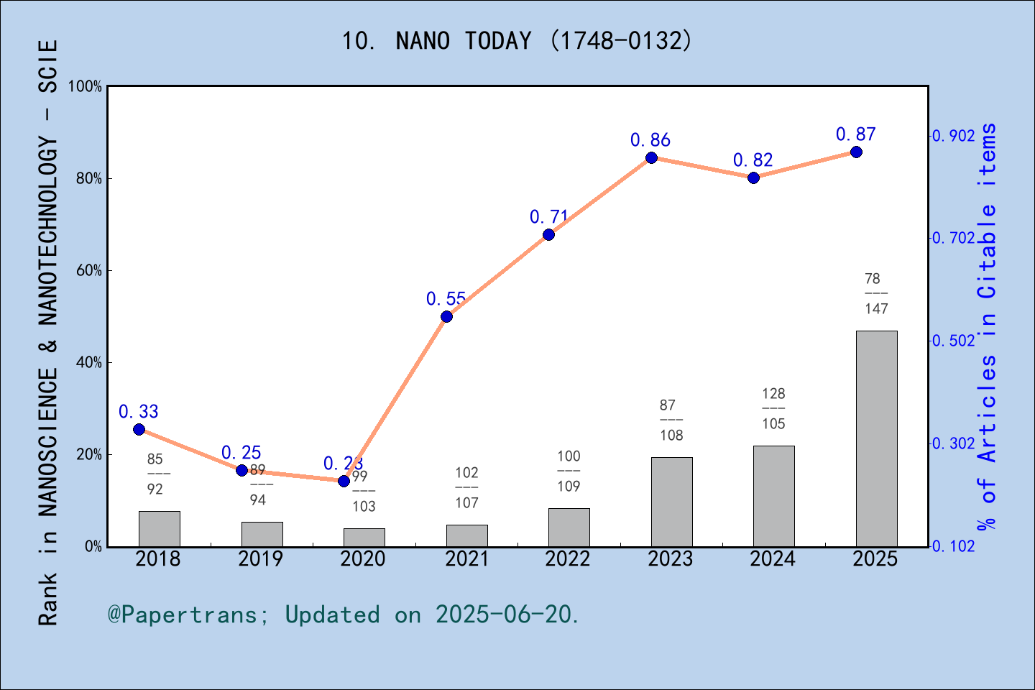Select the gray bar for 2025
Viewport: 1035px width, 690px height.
point(876,438)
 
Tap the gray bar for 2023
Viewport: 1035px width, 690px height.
point(671,502)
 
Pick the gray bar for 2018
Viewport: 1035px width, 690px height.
point(159,528)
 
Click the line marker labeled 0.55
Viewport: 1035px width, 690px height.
point(446,316)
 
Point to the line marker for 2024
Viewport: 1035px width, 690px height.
point(753,178)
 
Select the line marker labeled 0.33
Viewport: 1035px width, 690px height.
point(139,429)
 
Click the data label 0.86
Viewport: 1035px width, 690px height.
point(650,140)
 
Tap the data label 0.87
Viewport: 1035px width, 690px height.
point(855,134)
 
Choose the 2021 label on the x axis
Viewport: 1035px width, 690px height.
point(466,559)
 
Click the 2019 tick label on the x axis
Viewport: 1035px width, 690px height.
point(261,559)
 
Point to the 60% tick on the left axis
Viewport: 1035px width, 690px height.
point(89,271)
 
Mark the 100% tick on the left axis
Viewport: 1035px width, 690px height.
point(86,86)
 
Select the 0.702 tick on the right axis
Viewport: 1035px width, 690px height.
point(954,238)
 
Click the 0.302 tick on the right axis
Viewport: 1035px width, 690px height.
point(954,443)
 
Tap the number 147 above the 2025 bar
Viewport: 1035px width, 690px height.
point(876,309)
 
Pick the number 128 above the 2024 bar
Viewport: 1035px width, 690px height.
point(773,394)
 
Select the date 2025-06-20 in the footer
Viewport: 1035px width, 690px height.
point(506,615)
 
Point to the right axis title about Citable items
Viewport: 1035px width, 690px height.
point(988,327)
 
